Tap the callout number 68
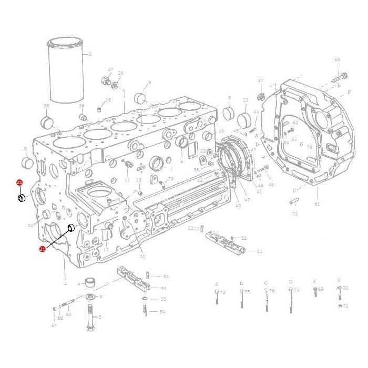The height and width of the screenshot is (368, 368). coord(337,59)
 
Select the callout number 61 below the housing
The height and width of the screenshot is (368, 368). coord(316,203)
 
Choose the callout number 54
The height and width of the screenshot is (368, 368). coord(162,312)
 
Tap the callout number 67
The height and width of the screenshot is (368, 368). coord(54,325)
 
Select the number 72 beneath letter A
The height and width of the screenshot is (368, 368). coord(222,292)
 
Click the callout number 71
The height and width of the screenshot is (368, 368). coord(345,305)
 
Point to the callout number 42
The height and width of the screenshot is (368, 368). coord(247,200)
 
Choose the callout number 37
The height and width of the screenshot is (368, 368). coord(260,80)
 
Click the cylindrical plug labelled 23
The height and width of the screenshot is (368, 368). coord(243,119)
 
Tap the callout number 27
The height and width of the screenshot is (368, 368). coord(110,69)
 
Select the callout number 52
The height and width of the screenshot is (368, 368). coord(244,238)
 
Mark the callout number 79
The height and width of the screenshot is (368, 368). coord(170,179)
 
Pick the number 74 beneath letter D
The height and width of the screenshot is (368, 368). coord(297,290)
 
